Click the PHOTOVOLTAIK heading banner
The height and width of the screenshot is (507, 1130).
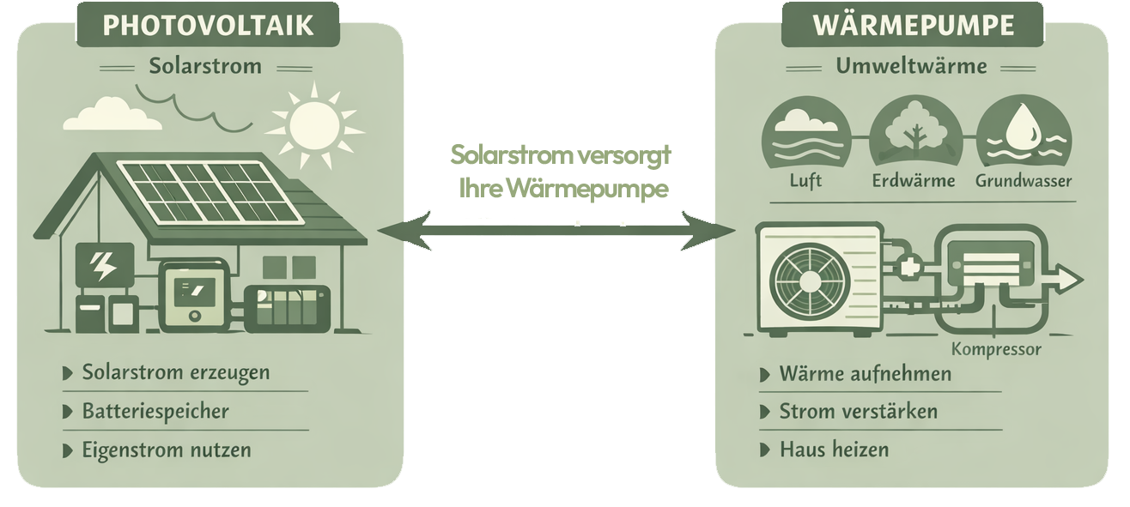tap(208, 24)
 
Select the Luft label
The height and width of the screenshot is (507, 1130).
tap(805, 182)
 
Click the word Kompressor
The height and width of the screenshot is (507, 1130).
tap(996, 349)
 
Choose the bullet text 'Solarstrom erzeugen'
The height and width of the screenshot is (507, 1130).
tap(176, 373)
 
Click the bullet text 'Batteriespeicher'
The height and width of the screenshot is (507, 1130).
tap(155, 412)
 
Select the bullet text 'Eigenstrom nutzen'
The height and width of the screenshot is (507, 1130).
tap(167, 450)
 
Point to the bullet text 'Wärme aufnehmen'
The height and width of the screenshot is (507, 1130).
tap(865, 374)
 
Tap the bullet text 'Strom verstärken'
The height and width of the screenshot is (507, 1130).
tap(858, 412)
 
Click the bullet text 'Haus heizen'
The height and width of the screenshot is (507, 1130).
tap(834, 450)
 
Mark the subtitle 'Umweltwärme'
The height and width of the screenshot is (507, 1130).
tap(911, 66)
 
